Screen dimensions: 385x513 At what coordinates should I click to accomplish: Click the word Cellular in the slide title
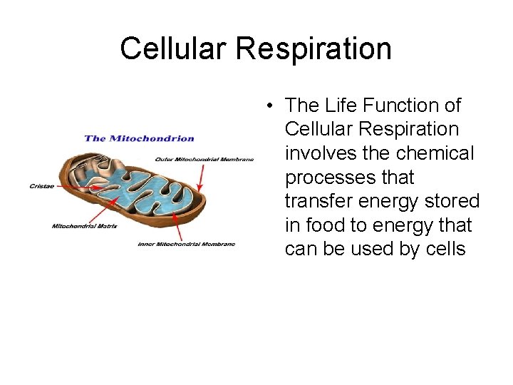click(x=173, y=49)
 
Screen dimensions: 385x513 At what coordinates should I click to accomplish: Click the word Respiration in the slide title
click(x=313, y=49)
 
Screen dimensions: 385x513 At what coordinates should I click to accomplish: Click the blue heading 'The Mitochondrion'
click(x=139, y=138)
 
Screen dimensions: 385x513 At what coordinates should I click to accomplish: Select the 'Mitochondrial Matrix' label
click(x=83, y=227)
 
